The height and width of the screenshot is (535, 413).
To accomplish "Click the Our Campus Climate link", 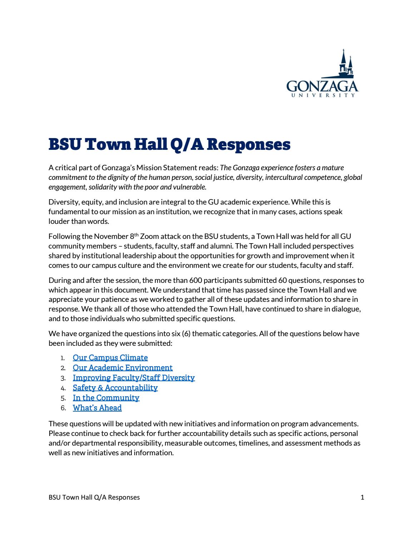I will pyautogui.click(x=110, y=358).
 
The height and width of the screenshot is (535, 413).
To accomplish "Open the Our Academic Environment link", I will pyautogui.click(x=123, y=368).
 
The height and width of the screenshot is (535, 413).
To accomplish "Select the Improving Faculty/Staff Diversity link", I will pyautogui.click(x=134, y=378).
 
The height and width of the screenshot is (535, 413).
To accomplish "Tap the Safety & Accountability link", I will pyautogui.click(x=115, y=388).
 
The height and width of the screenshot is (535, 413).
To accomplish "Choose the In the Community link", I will pyautogui.click(x=106, y=398).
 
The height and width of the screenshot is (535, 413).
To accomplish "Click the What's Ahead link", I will pyautogui.click(x=97, y=408).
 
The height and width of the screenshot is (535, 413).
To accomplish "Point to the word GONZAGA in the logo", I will pyautogui.click(x=322, y=86).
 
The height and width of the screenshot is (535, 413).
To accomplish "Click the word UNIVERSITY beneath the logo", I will pyautogui.click(x=322, y=95).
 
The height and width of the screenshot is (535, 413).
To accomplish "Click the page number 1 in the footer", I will pyautogui.click(x=362, y=497).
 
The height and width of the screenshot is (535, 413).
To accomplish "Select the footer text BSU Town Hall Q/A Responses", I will pyautogui.click(x=94, y=497).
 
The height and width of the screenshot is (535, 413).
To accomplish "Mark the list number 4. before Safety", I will pyautogui.click(x=63, y=388).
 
